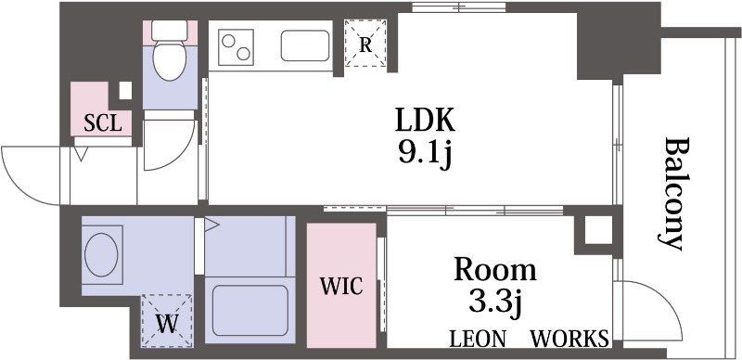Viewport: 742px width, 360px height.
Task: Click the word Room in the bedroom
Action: [x=494, y=270]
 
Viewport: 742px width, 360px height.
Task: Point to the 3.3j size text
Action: [x=494, y=302]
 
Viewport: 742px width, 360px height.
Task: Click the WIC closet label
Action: [x=341, y=285]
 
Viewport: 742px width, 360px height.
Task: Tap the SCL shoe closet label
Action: [x=102, y=123]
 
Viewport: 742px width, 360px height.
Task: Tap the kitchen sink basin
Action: [x=303, y=44]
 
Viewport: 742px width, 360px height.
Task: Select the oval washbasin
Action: [x=101, y=251]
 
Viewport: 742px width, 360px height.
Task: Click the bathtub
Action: [x=249, y=310]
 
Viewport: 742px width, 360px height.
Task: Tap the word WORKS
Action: [x=569, y=338]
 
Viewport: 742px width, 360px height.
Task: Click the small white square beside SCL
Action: [x=124, y=91]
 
